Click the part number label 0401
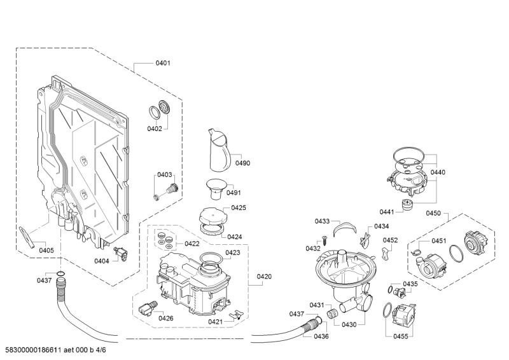click(163, 63)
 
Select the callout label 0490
click(242, 163)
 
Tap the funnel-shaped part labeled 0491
click(214, 190)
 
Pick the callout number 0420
click(264, 277)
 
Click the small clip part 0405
click(27, 237)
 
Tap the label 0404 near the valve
click(102, 261)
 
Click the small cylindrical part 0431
click(331, 314)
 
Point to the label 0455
click(401, 336)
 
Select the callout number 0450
click(433, 213)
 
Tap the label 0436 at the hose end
click(321, 336)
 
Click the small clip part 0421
click(235, 314)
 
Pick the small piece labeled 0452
click(385, 254)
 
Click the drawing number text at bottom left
click(53, 350)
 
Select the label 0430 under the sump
click(349, 324)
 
